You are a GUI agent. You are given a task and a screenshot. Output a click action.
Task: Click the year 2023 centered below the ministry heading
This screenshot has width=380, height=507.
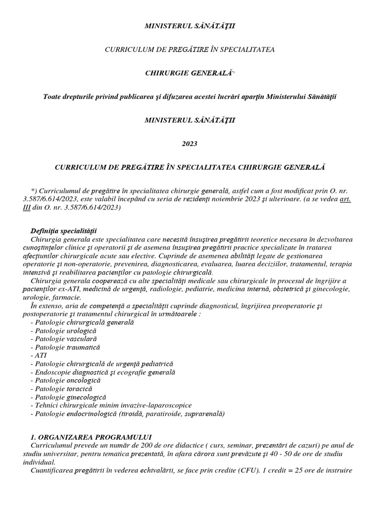[x=190, y=144]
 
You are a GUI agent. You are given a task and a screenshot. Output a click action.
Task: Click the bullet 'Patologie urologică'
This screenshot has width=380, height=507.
[x=63, y=330]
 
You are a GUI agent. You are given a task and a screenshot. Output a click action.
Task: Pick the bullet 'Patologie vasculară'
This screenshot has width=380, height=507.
[x=63, y=339]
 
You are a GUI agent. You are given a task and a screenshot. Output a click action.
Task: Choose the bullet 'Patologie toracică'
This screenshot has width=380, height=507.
[x=62, y=389]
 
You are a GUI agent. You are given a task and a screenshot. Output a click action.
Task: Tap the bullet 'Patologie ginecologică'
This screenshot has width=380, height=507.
[x=68, y=397]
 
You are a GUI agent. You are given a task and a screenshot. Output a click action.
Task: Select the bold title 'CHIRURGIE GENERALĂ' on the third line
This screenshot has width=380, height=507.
[x=188, y=73]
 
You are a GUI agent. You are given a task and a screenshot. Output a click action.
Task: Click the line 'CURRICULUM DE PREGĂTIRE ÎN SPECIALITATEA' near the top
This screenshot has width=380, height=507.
[x=190, y=49]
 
